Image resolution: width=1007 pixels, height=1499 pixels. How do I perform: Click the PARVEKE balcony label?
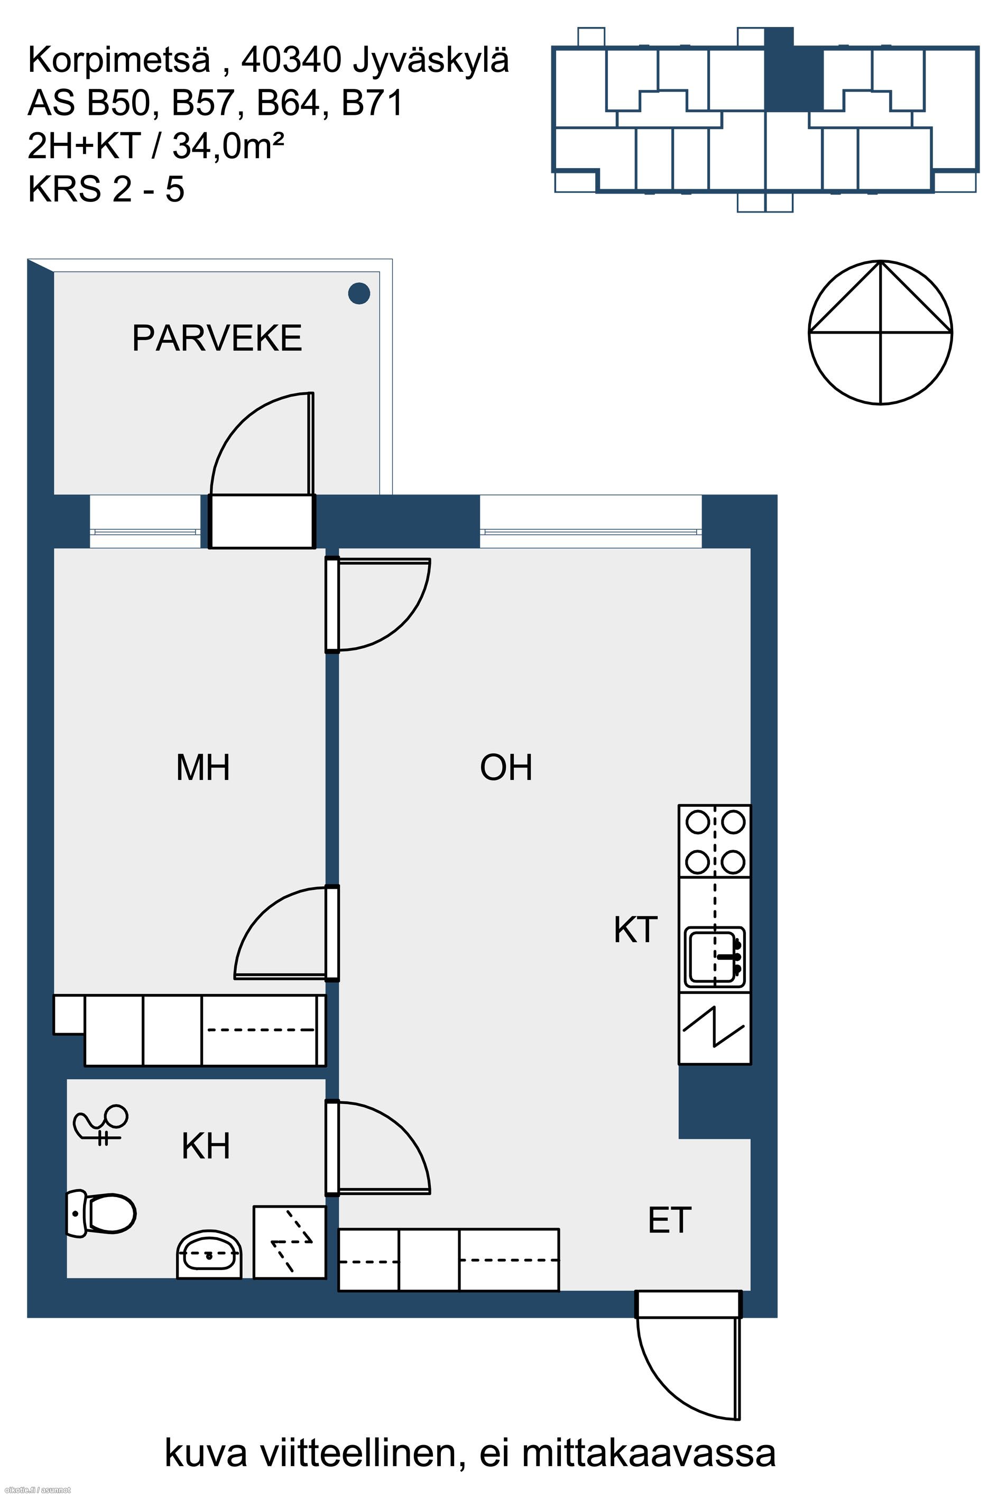click(217, 338)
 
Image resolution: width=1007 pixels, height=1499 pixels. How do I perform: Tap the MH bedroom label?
click(203, 767)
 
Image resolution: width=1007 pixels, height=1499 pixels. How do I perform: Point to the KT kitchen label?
click(635, 930)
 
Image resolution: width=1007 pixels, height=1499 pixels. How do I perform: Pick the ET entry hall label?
click(670, 1220)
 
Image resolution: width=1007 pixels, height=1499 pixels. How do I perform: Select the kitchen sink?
click(715, 957)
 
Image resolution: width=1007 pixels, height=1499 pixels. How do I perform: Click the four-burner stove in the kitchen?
click(715, 841)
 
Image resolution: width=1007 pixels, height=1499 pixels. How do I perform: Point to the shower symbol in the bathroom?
click(101, 1124)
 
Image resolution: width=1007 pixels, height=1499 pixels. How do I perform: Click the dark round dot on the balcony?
click(359, 293)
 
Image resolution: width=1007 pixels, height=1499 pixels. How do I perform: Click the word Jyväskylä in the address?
click(430, 61)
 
